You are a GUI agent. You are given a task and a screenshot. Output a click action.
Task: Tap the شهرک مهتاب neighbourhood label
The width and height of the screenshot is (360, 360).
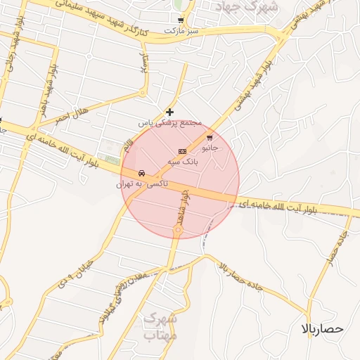pos(160,327)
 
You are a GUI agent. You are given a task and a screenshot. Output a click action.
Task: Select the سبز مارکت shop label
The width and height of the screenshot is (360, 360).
pos(181,32)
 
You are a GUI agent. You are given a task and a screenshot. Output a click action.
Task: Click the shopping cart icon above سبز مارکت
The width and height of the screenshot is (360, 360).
pos(181,20)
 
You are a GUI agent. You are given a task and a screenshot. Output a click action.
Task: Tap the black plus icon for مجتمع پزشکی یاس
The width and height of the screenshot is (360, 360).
pos(169,112)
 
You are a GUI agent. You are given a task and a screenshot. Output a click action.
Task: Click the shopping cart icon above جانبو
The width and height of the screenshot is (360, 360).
pos(210,138)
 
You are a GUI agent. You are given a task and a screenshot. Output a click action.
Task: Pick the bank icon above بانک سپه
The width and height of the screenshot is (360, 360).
pos(182,151)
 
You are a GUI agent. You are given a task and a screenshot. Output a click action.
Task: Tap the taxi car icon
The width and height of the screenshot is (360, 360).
pos(142,173)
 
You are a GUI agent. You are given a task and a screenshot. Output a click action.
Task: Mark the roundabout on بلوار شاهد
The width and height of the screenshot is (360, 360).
pos(178,230)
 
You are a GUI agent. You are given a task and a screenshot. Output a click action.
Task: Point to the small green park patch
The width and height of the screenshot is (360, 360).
pos(112,161)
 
